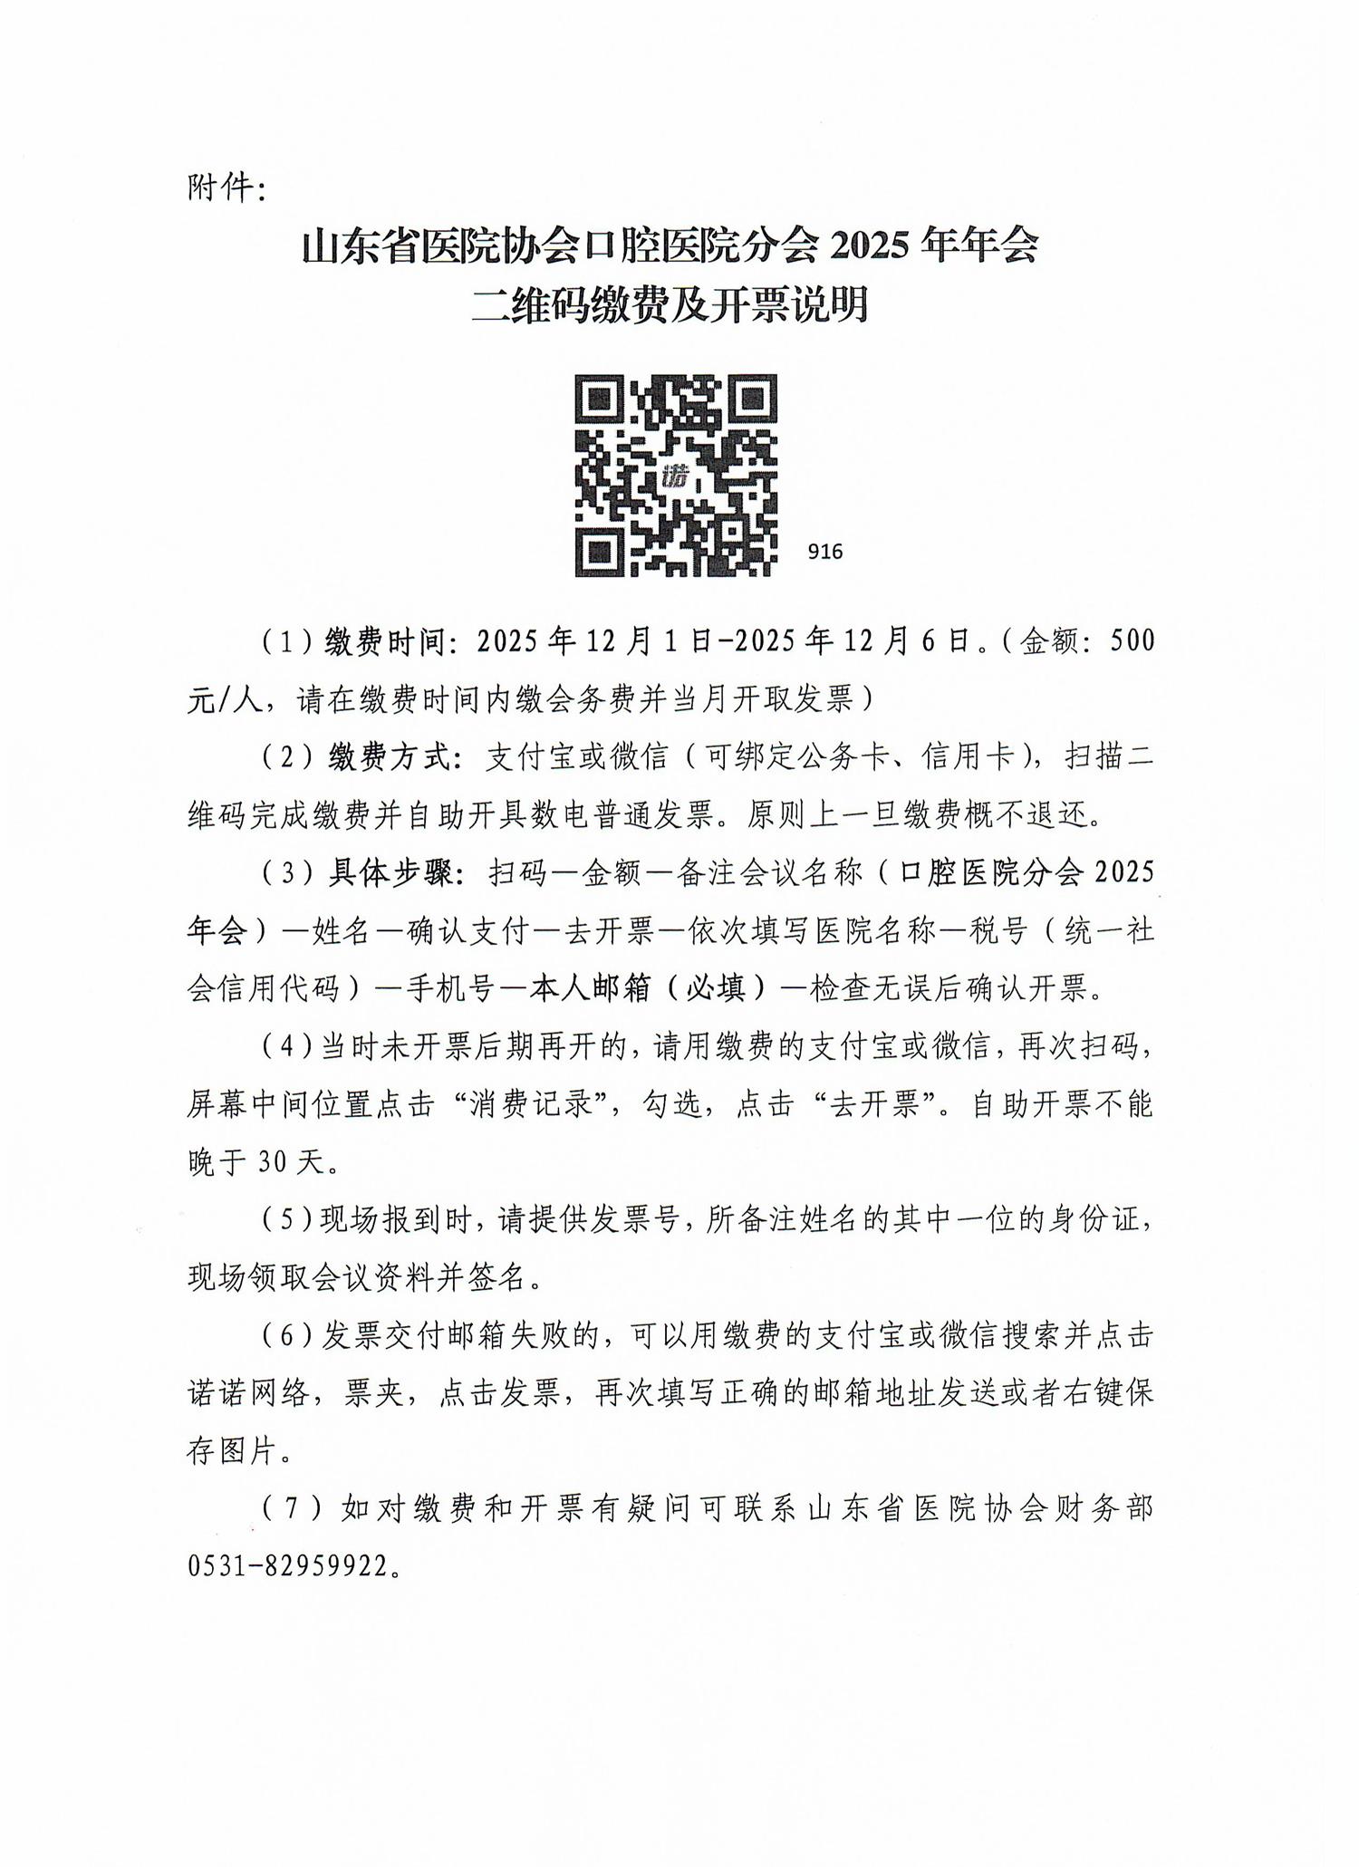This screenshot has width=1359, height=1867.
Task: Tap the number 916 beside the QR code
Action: point(824,551)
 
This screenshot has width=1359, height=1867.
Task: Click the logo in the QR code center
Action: point(675,475)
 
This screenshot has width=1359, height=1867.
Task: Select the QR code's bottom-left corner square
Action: point(599,551)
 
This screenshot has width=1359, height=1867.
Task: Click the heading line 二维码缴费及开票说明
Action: point(670,304)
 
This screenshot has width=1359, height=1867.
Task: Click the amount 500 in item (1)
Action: point(1132,641)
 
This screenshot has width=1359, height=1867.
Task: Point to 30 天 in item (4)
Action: point(291,1162)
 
